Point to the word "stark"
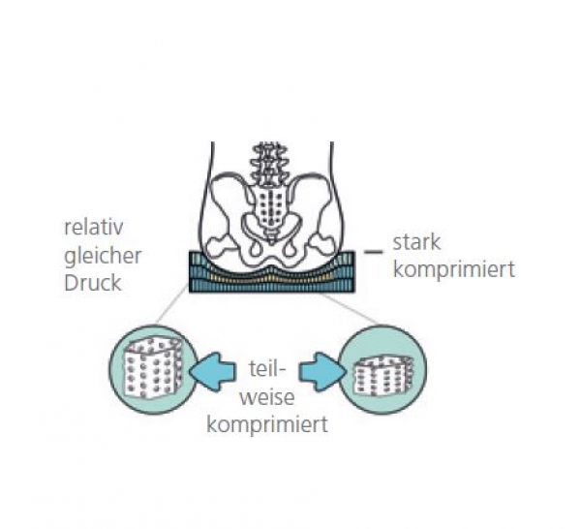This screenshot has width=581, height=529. click(416, 243)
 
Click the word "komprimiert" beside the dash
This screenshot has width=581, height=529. click(452, 269)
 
